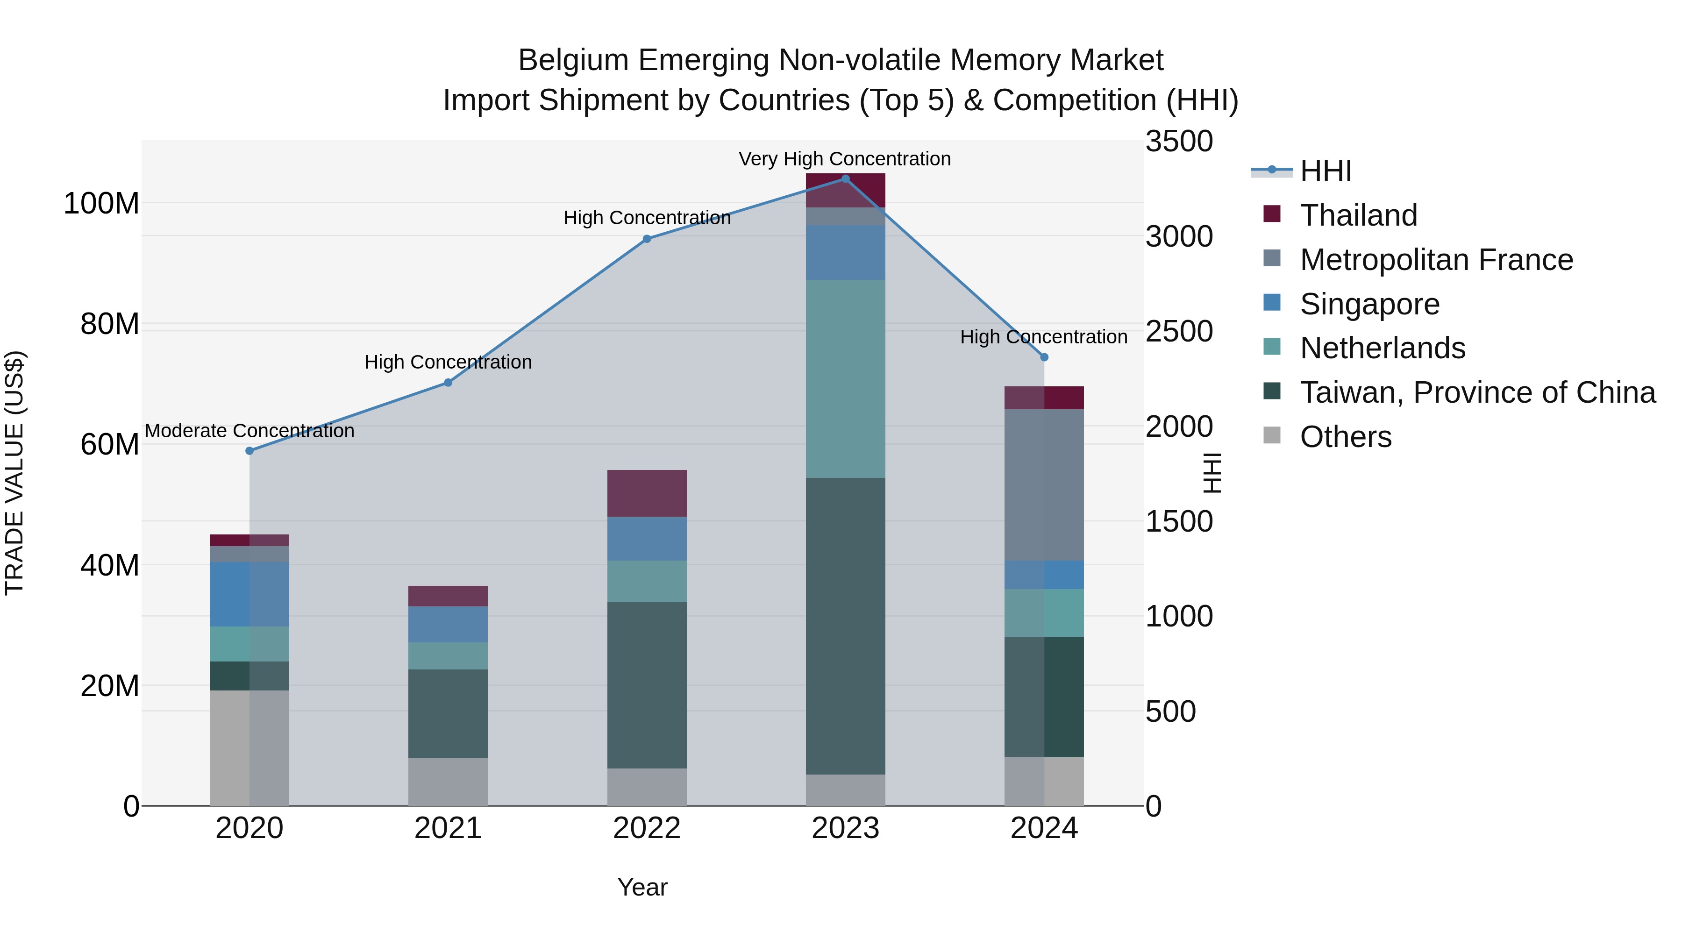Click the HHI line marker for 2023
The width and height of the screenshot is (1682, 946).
[845, 179]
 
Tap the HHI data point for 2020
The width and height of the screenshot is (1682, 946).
[249, 450]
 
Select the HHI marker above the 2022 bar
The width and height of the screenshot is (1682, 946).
[647, 239]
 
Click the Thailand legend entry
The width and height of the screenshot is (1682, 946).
[1358, 215]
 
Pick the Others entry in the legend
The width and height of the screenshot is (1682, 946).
[1345, 437]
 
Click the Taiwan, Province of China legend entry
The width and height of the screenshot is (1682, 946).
[1477, 392]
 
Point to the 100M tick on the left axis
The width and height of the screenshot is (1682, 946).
[101, 204]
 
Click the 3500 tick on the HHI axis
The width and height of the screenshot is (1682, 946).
[1179, 142]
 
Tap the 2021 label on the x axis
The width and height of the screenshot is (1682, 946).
[448, 828]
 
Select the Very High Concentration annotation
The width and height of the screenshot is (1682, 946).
[844, 159]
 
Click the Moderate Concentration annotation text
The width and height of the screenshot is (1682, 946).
[249, 431]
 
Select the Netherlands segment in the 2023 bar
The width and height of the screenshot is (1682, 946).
[845, 379]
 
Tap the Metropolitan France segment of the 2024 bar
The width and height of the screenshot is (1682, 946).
[1043, 484]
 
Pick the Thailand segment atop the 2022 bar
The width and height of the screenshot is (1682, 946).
[647, 493]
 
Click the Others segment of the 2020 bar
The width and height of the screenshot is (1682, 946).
[249, 747]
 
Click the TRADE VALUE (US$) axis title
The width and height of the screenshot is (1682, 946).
[14, 473]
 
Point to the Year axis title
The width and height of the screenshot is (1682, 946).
[642, 887]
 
